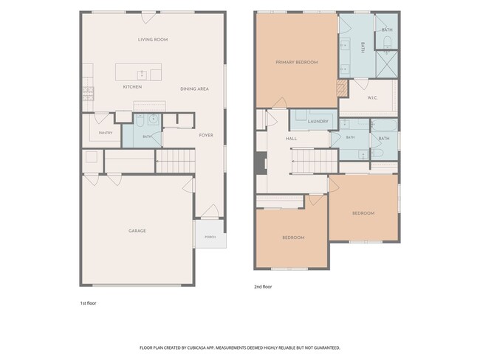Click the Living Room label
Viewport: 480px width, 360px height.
click(153, 39)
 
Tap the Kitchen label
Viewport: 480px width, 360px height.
click(132, 87)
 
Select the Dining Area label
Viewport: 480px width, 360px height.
click(194, 89)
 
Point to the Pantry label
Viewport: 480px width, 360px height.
click(106, 133)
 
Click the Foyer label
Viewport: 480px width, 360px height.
click(206, 135)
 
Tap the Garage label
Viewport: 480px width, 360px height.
click(137, 231)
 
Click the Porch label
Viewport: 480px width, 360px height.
click(210, 237)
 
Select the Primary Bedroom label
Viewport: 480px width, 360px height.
click(297, 63)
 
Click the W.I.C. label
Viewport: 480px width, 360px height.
click(372, 98)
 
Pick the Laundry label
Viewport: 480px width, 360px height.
click(318, 122)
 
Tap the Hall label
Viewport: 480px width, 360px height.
click(291, 139)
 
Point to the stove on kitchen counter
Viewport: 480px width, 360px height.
click(88, 94)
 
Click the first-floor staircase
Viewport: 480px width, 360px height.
click(176, 162)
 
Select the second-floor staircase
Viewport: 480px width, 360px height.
click(315, 162)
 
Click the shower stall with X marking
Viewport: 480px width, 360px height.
click(387, 64)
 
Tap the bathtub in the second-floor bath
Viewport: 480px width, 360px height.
click(384, 125)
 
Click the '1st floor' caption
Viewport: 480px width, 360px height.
click(88, 303)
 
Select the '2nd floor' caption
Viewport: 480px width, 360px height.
click(263, 286)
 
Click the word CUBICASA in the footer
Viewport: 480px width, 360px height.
click(198, 347)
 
